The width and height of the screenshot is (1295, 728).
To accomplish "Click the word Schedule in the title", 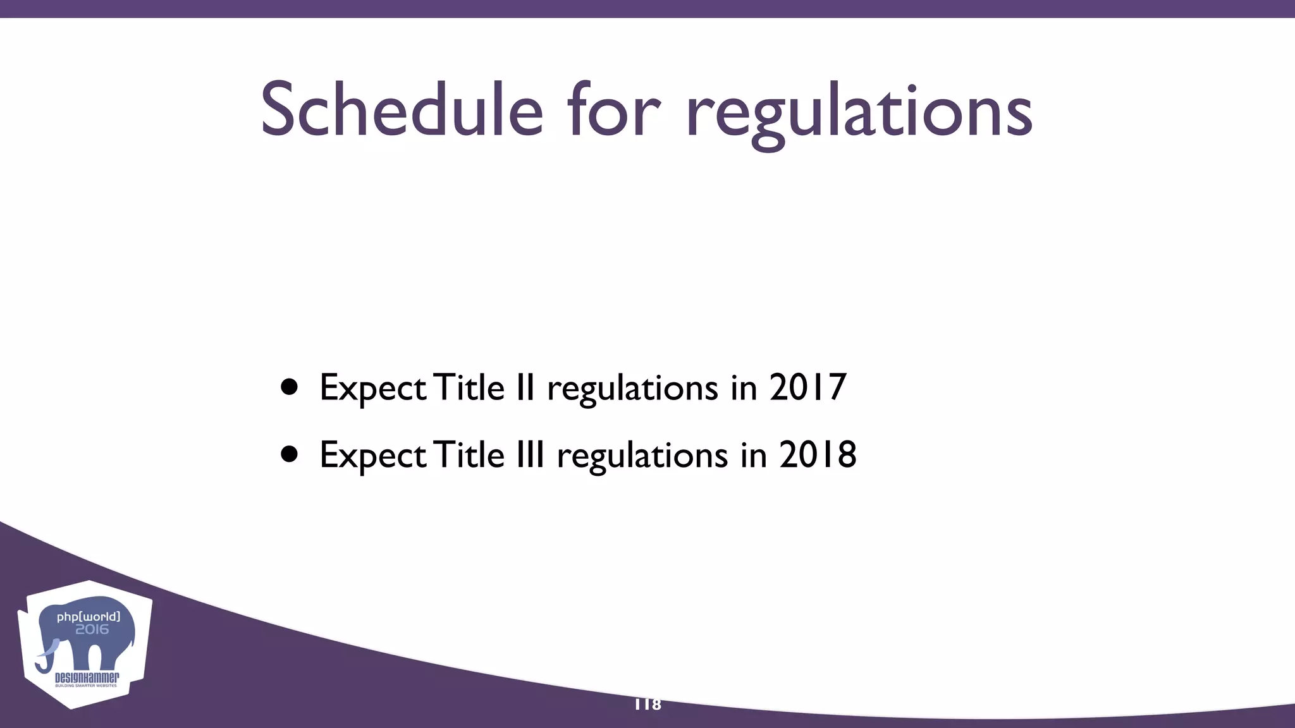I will pos(402,111).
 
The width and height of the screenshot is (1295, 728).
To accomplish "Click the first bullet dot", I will pos(290,387).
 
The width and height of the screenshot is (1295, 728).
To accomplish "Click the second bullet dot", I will pos(290,454).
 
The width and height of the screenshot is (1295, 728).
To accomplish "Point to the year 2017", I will pos(807,387).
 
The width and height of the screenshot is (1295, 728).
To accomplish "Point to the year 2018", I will pos(817,454).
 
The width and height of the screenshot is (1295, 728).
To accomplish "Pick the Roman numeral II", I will pos(525,387).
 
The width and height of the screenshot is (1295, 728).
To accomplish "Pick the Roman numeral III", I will pos(530,454).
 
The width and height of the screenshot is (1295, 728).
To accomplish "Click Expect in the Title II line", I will pos(373,389).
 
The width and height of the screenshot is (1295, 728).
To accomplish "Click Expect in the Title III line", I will pos(373,456).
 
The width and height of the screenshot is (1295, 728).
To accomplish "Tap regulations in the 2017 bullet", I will pos(632,389).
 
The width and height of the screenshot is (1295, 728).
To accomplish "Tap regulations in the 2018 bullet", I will pos(642,456).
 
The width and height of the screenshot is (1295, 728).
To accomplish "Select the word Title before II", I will pos(470,387).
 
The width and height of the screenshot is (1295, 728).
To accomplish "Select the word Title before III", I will pos(470,454).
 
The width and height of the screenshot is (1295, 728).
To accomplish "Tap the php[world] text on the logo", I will pos(88,616).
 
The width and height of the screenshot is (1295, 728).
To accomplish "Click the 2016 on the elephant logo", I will pos(92,629).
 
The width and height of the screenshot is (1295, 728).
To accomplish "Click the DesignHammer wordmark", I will pos(87,678).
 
